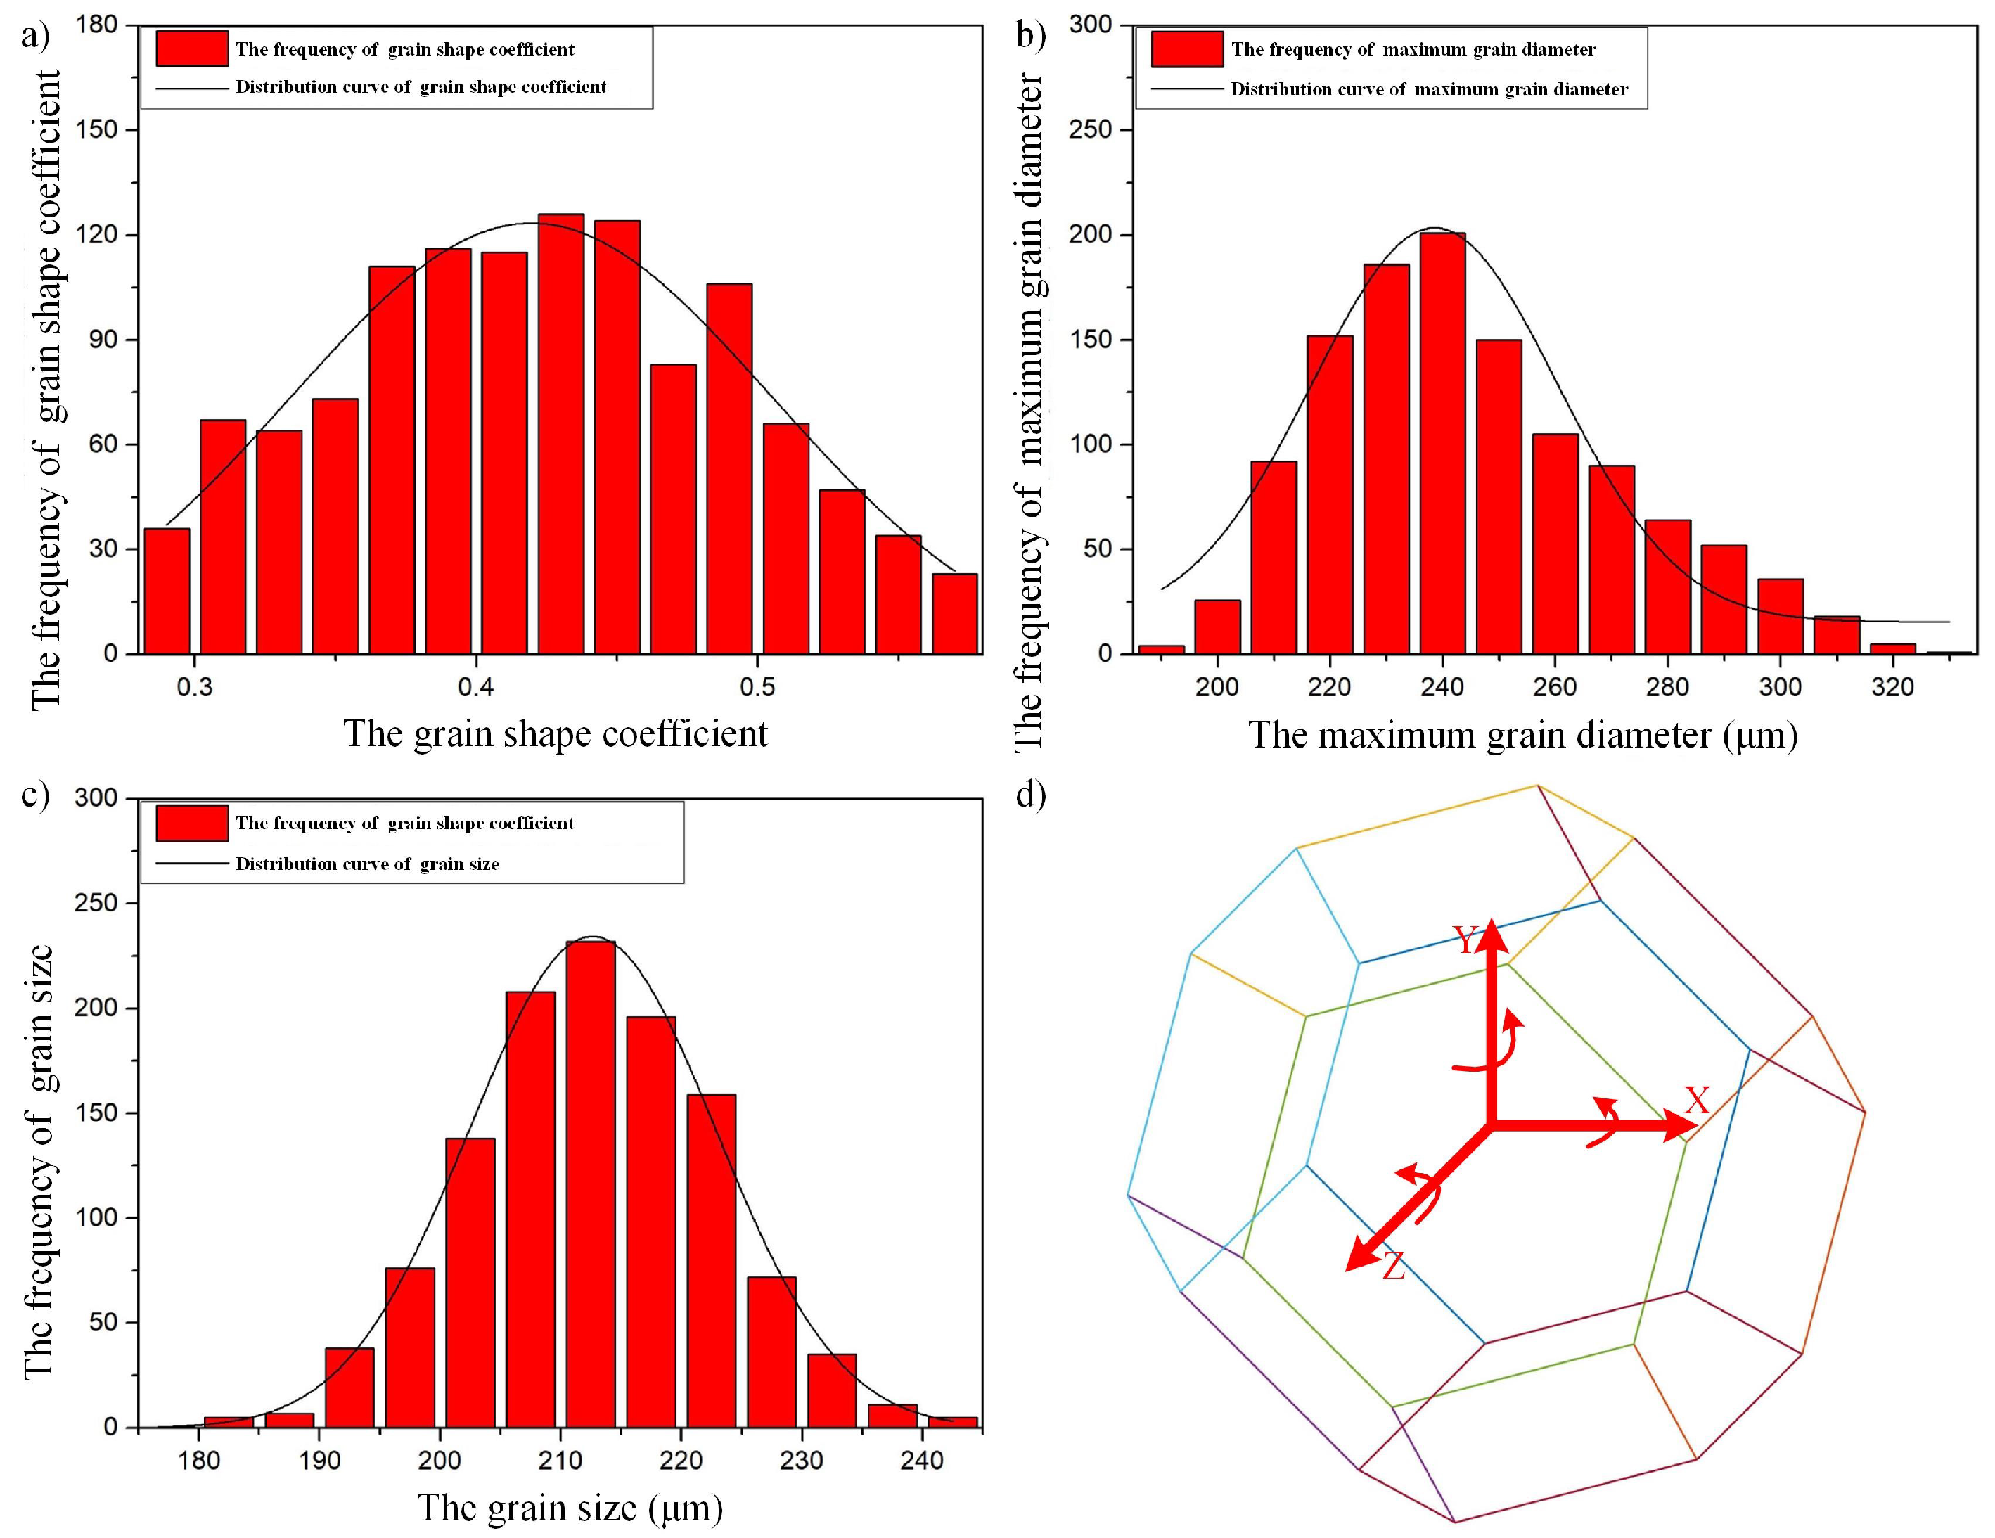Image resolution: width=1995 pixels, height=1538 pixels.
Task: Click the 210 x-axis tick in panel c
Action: click(x=560, y=1461)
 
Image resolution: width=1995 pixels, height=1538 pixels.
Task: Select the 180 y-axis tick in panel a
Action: click(x=97, y=25)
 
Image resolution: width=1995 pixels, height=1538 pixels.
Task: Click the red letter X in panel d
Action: click(x=1696, y=1101)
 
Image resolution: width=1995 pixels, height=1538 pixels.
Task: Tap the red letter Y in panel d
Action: click(x=1466, y=940)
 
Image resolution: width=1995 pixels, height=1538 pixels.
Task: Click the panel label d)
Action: click(x=1030, y=795)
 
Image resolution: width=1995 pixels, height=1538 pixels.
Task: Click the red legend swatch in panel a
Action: click(x=192, y=49)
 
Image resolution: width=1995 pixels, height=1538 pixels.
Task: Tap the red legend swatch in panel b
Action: click(x=1186, y=49)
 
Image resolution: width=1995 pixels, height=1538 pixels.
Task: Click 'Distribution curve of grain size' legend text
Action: click(x=367, y=864)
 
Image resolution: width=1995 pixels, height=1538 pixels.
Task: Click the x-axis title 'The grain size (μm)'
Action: click(x=570, y=1508)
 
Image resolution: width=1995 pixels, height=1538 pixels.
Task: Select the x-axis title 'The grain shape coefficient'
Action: click(x=556, y=734)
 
